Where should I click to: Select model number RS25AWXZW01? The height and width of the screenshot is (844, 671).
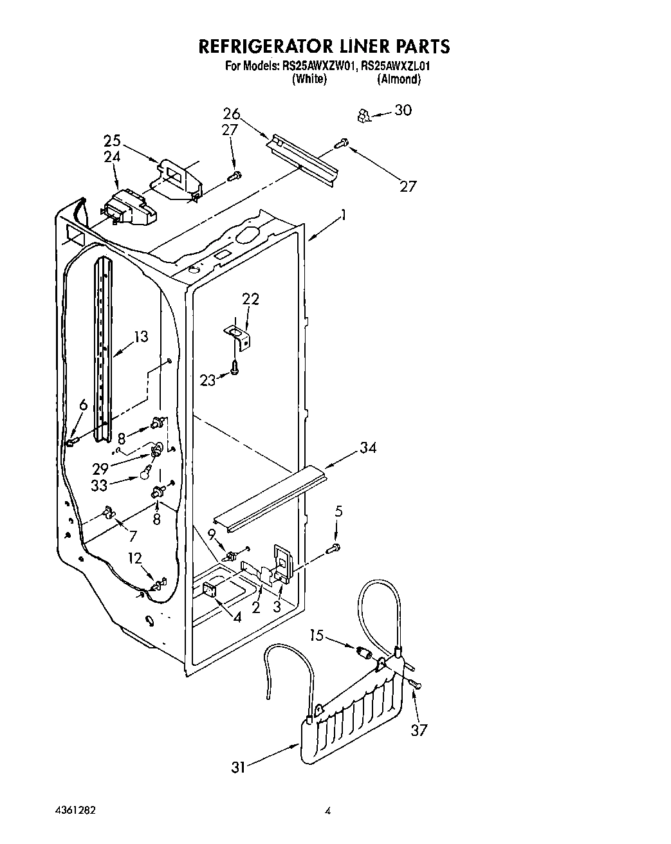[x=318, y=66]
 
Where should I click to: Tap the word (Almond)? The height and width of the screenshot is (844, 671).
[x=399, y=79]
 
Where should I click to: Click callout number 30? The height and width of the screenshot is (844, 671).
[x=403, y=111]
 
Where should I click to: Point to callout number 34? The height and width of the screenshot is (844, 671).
[x=368, y=448]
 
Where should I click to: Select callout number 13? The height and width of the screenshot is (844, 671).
[x=141, y=336]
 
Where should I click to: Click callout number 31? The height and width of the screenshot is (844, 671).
[x=239, y=767]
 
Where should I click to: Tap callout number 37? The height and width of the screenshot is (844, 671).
[x=419, y=730]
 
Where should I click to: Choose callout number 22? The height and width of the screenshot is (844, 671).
[x=250, y=299]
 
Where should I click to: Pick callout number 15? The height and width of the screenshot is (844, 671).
[x=316, y=636]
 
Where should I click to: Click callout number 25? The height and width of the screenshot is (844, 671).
[x=112, y=140]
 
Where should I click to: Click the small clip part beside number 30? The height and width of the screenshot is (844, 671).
[x=364, y=116]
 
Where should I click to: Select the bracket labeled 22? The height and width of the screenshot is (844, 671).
[x=239, y=336]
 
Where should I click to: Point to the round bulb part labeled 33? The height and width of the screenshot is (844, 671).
[x=146, y=475]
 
